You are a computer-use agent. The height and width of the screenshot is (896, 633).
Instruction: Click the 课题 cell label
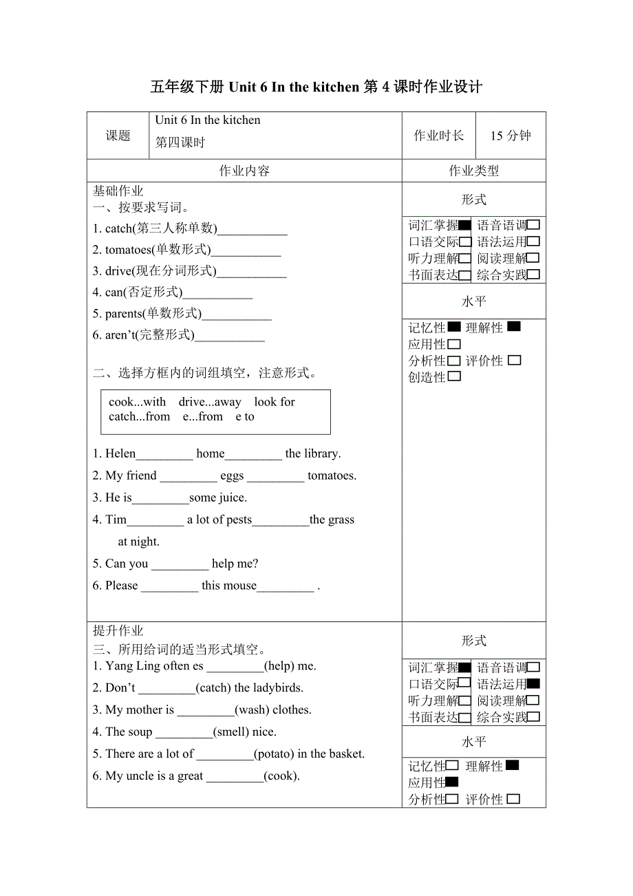coord(118,136)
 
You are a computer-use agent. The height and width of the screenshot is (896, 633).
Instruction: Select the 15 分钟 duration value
coord(511,136)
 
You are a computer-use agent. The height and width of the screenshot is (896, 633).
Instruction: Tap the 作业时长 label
coord(438,136)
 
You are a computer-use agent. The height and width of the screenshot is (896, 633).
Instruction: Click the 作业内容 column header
coord(244,171)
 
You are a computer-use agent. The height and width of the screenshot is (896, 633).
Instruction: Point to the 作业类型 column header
coord(473,171)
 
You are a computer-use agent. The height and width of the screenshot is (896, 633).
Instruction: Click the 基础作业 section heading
coord(118,191)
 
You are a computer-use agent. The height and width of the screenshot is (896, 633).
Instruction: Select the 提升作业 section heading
coord(118,631)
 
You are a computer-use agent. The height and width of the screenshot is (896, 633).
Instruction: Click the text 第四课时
coord(180,143)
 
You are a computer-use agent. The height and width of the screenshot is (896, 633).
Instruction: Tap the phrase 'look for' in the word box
coord(275,402)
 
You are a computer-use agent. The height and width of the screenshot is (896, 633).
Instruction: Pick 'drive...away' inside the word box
coord(210,402)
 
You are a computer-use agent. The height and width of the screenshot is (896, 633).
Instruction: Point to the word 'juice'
coord(231,498)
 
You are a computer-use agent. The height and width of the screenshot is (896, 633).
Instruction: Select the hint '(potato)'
coord(275,754)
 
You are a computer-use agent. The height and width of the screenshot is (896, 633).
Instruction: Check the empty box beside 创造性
coord(453,376)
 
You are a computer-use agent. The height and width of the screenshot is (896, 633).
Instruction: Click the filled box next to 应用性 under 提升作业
coord(452,782)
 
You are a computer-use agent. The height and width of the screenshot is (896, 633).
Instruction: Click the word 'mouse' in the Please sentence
coord(239,586)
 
